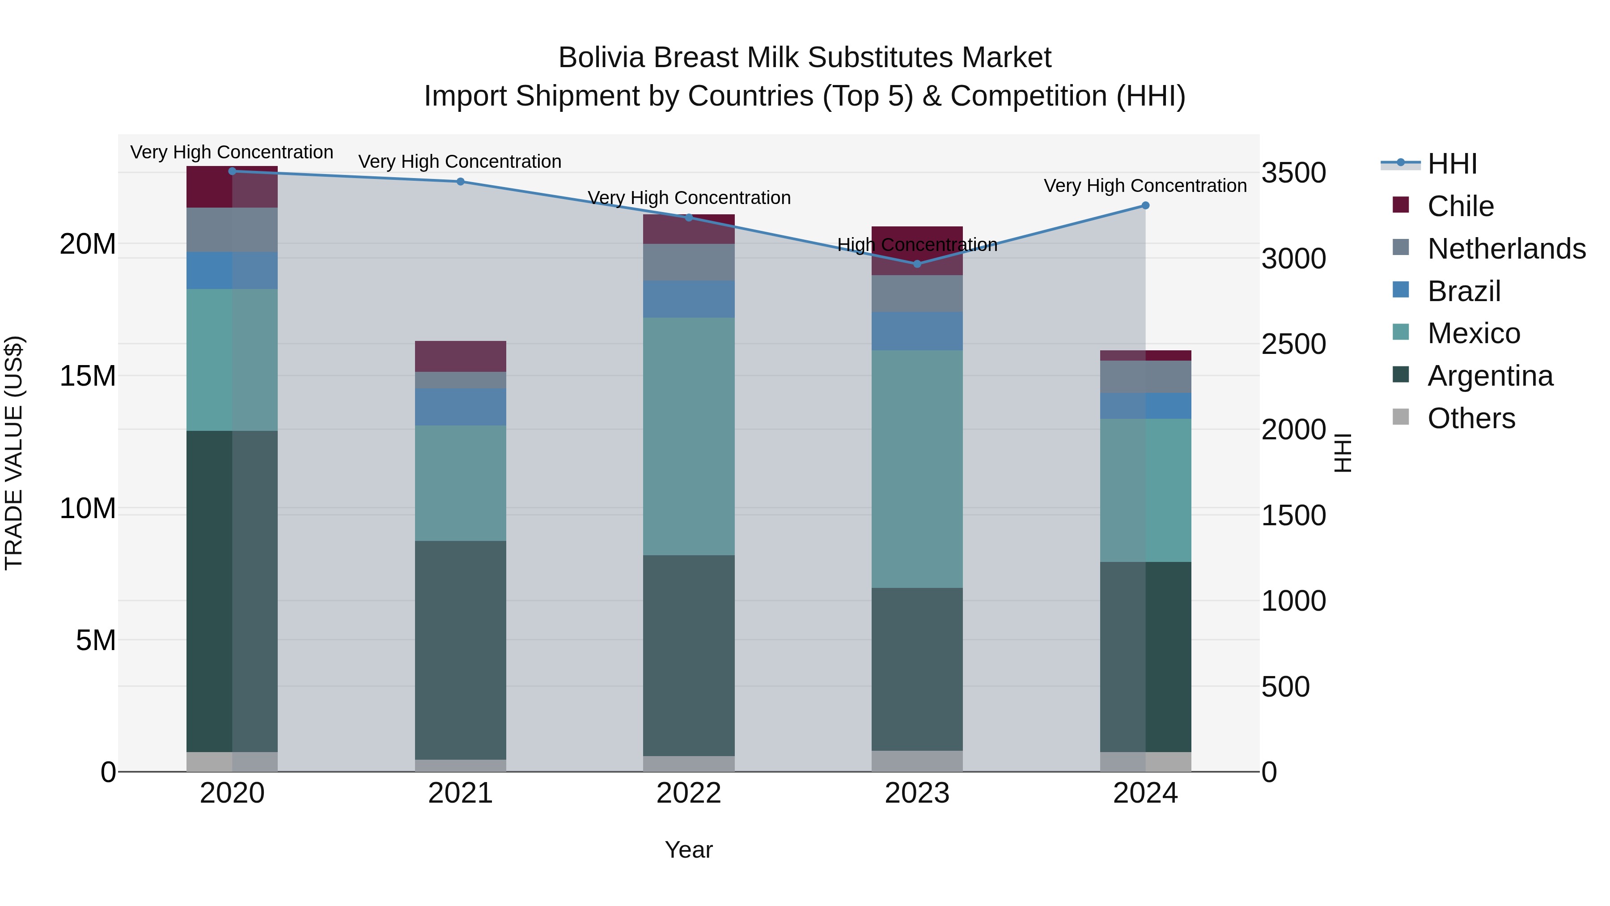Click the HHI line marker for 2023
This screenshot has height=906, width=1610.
pos(917,264)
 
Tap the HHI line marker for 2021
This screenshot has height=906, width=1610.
pos(461,181)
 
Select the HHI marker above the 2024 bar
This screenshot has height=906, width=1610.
pos(1145,205)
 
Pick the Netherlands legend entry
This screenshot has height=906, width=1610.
pos(1506,249)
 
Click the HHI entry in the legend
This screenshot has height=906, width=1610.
pos(1451,164)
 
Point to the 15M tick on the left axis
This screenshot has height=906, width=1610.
pos(88,376)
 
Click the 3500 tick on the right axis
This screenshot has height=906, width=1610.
pos(1293,173)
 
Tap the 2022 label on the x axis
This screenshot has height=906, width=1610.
pos(689,793)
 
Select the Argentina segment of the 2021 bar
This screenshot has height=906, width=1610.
pos(461,650)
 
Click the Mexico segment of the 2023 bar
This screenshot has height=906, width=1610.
pos(917,469)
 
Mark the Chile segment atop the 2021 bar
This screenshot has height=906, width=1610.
pos(461,357)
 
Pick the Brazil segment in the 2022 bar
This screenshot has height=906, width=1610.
pos(689,299)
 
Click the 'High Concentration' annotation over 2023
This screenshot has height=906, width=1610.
pos(917,244)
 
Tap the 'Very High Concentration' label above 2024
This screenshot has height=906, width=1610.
pos(1145,186)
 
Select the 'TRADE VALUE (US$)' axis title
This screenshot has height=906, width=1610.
pos(14,453)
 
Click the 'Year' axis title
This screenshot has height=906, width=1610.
pos(689,850)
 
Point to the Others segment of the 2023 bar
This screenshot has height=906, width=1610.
pos(917,761)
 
